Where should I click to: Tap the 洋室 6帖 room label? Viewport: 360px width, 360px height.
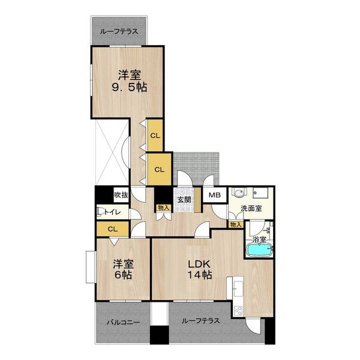(x=123, y=269)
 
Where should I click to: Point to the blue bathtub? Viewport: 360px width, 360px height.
(x=259, y=250)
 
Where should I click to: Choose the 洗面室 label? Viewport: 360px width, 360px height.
(x=251, y=209)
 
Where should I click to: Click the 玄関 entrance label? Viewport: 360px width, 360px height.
(x=183, y=200)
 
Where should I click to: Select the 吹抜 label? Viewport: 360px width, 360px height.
(x=121, y=195)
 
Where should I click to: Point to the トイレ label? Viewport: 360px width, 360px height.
(x=113, y=212)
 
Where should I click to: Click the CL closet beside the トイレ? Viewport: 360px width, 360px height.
(x=112, y=229)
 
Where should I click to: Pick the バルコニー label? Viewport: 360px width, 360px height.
(x=123, y=322)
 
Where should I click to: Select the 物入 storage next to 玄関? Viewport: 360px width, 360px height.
(x=163, y=208)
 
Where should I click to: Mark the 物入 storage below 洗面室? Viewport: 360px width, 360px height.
(x=235, y=224)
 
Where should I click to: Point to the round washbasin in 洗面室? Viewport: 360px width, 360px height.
(x=238, y=194)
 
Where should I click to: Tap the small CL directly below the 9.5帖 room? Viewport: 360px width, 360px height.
(x=155, y=135)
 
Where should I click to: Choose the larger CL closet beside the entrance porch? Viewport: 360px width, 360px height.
(x=159, y=169)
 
